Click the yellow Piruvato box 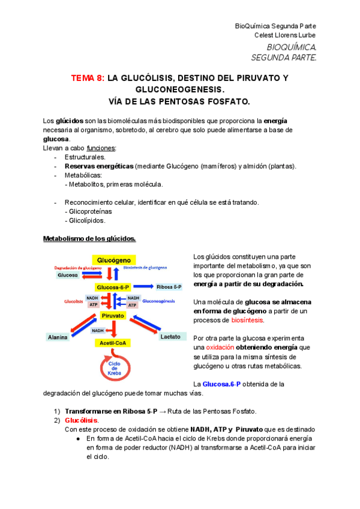tap(113, 315)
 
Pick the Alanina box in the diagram tap(58, 337)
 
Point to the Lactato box tap(170, 337)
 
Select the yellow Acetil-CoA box tap(113, 343)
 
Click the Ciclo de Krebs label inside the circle tap(114, 367)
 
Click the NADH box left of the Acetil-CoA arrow tap(98, 330)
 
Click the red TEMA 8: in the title tap(88, 79)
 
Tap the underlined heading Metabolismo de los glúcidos tap(89, 239)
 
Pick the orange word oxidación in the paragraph tap(222, 347)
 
